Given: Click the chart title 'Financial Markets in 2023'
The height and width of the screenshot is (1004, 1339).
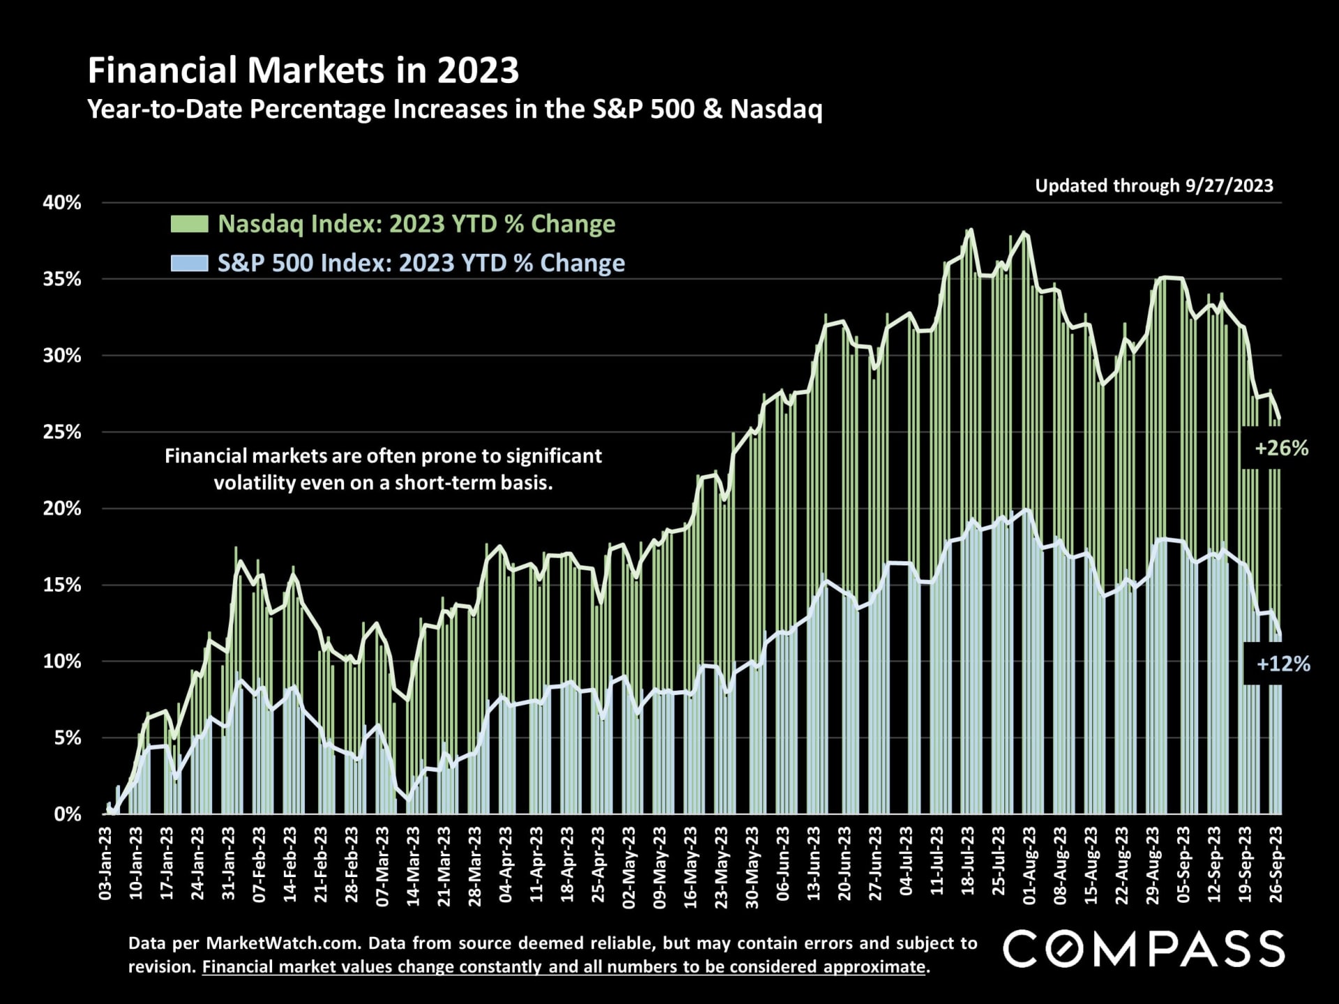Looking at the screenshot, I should click(303, 70).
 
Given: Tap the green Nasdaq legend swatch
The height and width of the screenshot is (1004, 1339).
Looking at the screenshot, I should click(189, 224).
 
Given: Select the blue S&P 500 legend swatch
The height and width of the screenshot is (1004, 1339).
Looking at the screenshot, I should click(189, 263).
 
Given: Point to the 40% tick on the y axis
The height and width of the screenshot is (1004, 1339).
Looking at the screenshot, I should click(62, 203).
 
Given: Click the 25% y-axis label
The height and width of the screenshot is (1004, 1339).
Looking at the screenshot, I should click(62, 432).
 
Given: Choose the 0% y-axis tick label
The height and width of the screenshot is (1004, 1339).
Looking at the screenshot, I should click(68, 814).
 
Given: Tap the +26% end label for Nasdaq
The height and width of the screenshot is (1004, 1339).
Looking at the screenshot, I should click(1281, 448).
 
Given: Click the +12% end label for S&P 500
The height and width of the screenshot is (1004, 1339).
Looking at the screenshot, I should click(1283, 664).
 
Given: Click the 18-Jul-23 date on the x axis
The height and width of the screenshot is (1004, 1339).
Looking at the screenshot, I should click(968, 865).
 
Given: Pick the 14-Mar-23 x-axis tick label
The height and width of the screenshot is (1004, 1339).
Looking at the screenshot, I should click(414, 865).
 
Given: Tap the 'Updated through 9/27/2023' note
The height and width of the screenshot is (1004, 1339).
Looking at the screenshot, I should click(1153, 185).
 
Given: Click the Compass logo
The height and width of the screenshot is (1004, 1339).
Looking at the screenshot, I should click(1144, 949).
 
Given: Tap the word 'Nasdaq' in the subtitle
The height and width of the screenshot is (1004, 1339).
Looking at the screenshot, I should click(776, 109).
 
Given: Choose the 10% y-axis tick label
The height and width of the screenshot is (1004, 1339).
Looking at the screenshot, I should click(62, 662).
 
